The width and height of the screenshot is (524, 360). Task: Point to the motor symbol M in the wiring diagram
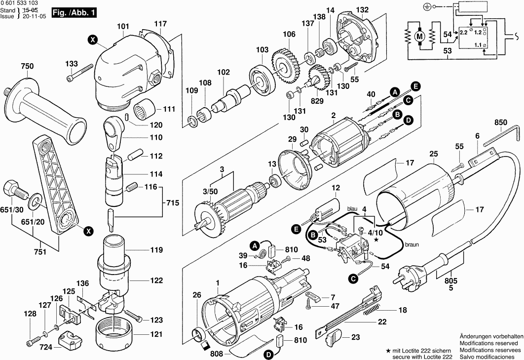point(420,36)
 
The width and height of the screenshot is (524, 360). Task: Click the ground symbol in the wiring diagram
point(427,6)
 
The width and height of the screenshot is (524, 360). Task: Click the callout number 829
point(317,101)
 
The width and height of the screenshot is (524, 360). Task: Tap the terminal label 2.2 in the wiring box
point(463,32)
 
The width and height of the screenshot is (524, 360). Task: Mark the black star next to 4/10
point(377,240)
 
